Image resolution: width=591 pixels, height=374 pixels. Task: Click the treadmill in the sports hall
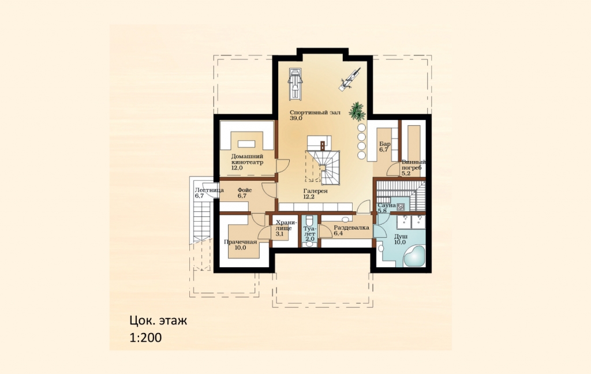click(x=295, y=84)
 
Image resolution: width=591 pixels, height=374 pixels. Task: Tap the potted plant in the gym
click(x=357, y=111)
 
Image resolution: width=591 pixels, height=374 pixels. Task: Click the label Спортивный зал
click(x=315, y=113)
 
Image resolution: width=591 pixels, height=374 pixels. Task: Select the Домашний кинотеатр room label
click(x=247, y=159)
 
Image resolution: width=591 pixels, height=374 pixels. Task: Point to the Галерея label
click(x=316, y=191)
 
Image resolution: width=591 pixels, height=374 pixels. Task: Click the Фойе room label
click(x=245, y=190)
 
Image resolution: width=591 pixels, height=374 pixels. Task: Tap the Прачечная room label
click(x=240, y=242)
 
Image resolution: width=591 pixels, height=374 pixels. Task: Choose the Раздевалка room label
click(x=351, y=228)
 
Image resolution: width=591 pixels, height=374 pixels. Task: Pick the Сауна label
click(x=387, y=205)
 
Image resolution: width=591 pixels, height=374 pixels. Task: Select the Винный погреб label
click(x=413, y=164)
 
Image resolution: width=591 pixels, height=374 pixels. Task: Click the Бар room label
click(x=385, y=144)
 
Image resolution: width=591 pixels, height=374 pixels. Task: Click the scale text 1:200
click(x=145, y=337)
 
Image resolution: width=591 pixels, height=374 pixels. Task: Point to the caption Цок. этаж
click(x=158, y=321)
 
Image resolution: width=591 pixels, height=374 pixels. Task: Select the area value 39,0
click(x=296, y=118)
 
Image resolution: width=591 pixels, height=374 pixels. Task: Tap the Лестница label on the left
click(x=209, y=190)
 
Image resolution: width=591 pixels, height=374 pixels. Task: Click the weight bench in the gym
click(x=350, y=79)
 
